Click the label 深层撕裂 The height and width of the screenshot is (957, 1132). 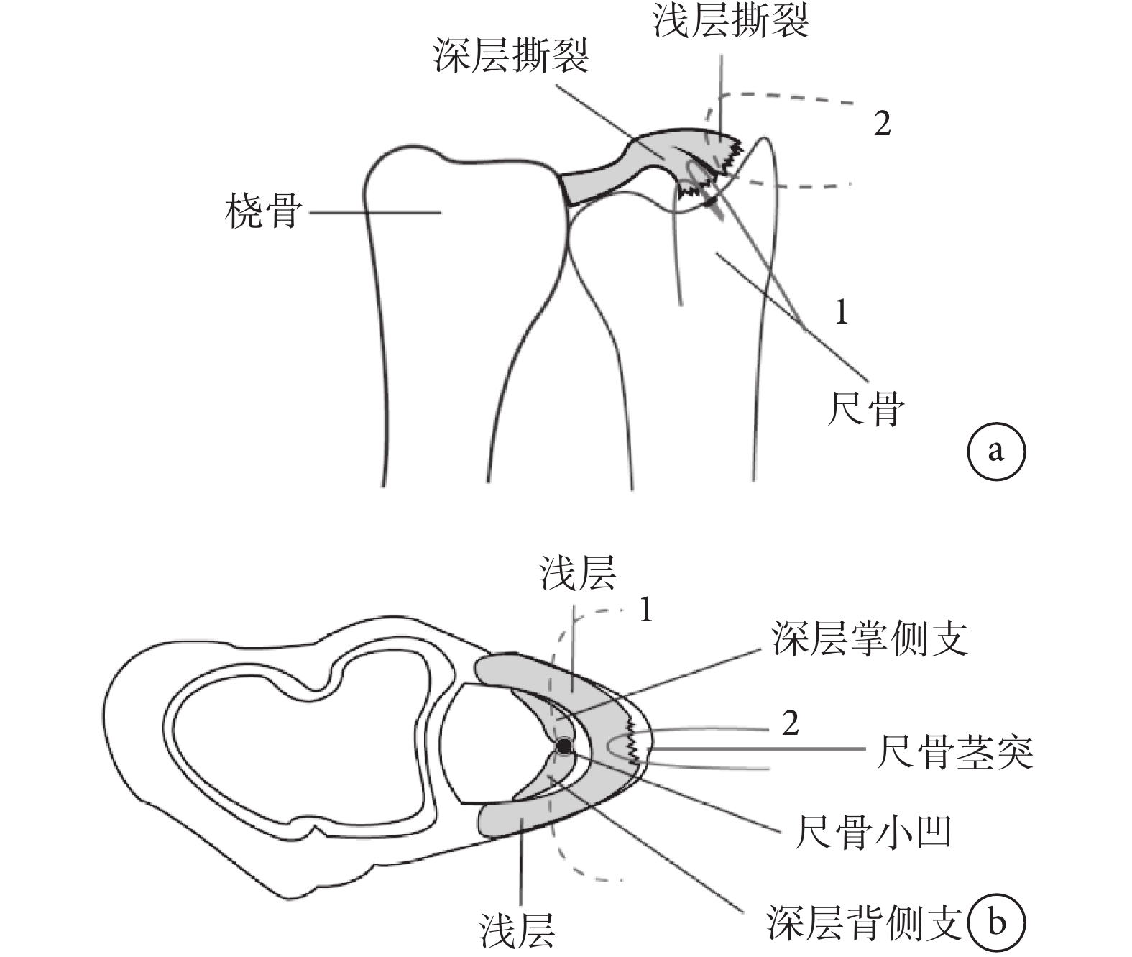511,55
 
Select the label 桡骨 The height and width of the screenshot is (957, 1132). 262,211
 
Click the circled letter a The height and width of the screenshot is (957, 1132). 995,452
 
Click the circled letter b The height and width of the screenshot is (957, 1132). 995,922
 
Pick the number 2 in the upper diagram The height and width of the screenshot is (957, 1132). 882,124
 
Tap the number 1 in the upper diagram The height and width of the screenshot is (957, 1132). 840,312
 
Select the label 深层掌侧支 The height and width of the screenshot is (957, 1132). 869,638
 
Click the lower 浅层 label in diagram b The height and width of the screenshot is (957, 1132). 517,930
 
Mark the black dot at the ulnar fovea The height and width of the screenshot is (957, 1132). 564,748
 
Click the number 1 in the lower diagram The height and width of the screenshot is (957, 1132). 646,611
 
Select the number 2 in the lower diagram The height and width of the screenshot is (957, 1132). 790,723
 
